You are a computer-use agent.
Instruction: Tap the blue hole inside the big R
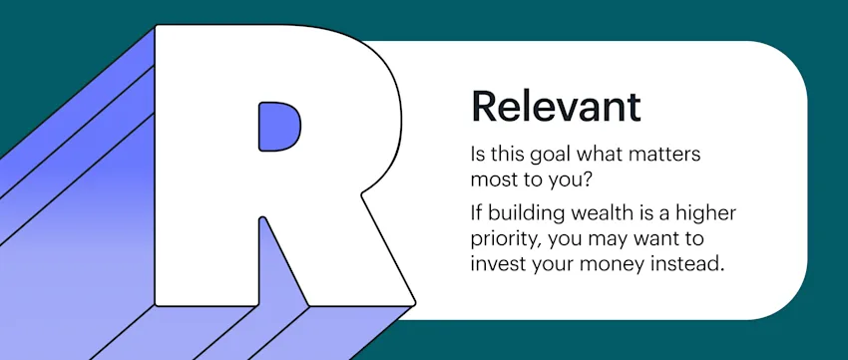(279, 126)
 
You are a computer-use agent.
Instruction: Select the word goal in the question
(549, 158)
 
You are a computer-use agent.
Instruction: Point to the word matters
(671, 158)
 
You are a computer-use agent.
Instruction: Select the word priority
(506, 240)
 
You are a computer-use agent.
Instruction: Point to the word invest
(498, 265)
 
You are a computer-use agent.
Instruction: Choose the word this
(506, 158)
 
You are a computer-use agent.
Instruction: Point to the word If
(477, 215)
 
